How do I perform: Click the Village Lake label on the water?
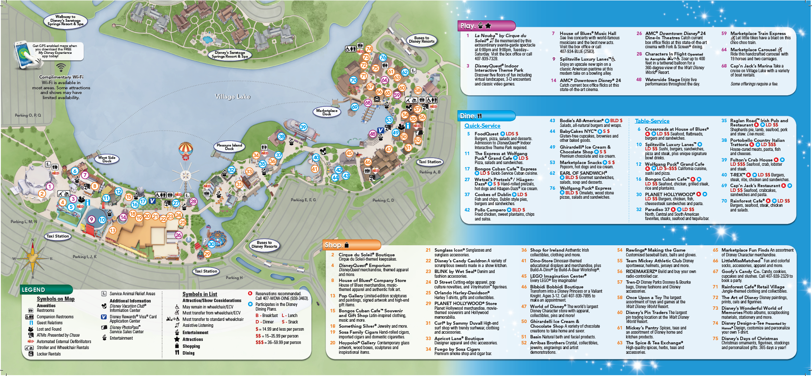tap(232, 97)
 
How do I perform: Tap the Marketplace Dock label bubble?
tap(327, 112)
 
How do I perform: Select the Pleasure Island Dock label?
tap(229, 147)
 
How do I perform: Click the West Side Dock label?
tap(107, 159)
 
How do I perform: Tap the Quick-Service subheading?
tap(482, 126)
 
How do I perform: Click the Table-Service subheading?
tap(652, 121)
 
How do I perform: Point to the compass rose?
tap(33, 258)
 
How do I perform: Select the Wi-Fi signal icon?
tap(61, 68)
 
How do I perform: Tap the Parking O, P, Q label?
tap(28, 115)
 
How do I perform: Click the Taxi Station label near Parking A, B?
tap(430, 162)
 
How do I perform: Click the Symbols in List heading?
tap(199, 294)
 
